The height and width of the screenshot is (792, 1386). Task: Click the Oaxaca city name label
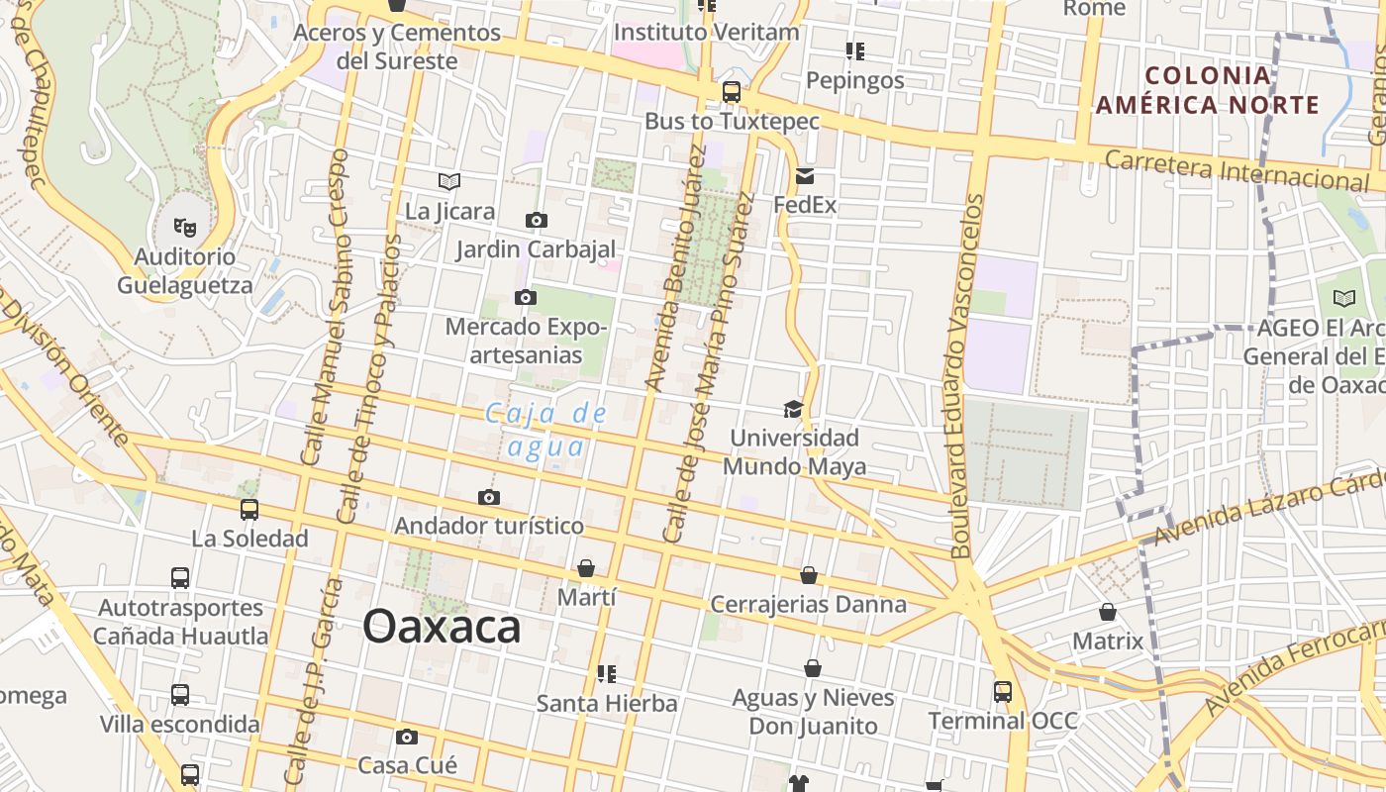(x=442, y=627)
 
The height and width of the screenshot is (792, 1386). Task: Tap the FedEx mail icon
(x=804, y=177)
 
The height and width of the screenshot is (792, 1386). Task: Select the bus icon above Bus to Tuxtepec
(x=732, y=92)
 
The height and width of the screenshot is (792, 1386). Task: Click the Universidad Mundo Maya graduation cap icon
(x=793, y=409)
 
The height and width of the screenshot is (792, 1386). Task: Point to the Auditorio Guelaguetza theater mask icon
(x=185, y=228)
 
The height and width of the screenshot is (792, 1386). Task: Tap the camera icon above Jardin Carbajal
(x=536, y=220)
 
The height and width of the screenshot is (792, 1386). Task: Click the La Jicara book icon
(x=449, y=181)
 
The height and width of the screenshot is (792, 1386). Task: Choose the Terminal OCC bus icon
(x=1003, y=691)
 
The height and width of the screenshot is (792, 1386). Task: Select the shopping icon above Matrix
(x=1108, y=612)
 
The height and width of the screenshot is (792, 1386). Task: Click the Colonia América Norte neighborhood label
(x=1208, y=90)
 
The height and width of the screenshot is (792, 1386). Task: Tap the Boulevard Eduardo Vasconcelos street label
(x=967, y=376)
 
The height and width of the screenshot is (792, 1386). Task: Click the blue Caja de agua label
(x=545, y=430)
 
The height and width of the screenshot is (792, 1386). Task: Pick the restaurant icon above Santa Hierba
(x=607, y=674)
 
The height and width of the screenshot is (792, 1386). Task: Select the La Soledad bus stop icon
(x=249, y=509)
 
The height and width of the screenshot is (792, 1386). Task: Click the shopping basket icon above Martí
(x=586, y=568)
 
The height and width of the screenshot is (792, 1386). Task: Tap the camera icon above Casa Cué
(x=407, y=737)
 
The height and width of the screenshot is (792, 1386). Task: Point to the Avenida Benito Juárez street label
(x=675, y=267)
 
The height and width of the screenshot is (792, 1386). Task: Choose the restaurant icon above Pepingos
(x=855, y=50)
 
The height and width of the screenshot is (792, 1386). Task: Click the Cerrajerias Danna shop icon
(x=809, y=575)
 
